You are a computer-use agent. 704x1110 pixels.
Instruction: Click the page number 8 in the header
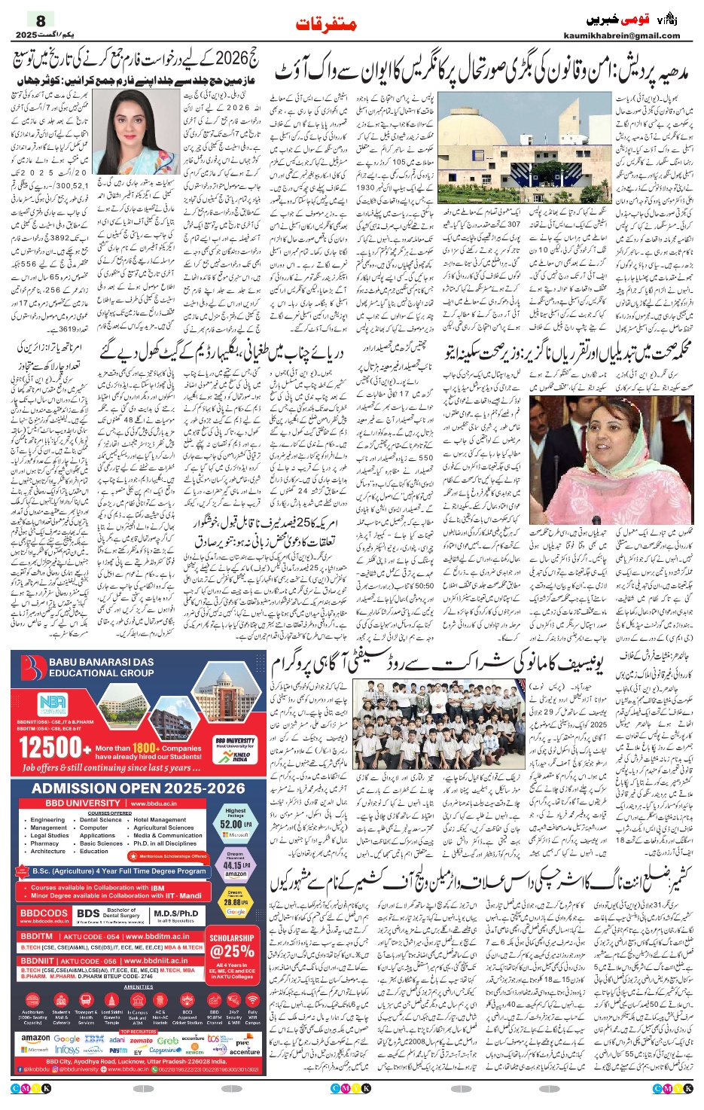41,21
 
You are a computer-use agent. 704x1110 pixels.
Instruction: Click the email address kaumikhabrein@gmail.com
621,35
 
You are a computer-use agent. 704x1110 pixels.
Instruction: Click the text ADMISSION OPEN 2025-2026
138,788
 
